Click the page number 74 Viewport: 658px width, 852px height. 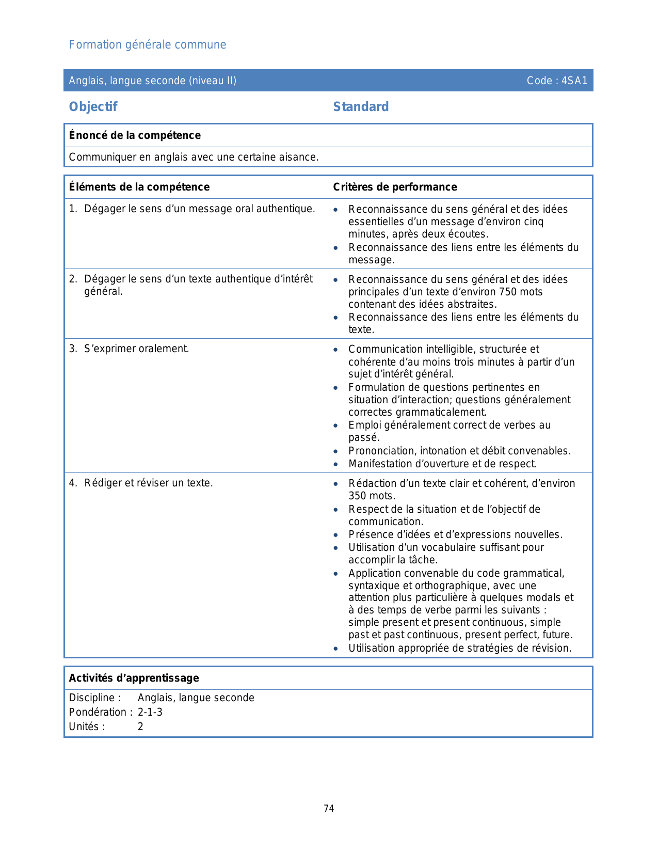(329, 808)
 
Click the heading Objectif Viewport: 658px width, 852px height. (93, 107)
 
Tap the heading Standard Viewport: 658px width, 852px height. (361, 107)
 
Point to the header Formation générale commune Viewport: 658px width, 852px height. (148, 45)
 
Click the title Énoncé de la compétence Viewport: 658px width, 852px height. (135, 135)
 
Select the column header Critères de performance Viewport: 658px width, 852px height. (395, 187)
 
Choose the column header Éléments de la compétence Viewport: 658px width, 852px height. (139, 187)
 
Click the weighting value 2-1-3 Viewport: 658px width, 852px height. (150, 712)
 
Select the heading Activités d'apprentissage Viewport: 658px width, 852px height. (134, 678)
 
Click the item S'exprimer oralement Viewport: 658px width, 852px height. (137, 349)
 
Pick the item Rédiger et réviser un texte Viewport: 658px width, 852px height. (149, 483)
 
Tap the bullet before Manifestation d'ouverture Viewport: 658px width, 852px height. (336, 464)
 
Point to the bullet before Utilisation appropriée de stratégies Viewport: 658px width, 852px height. (336, 649)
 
